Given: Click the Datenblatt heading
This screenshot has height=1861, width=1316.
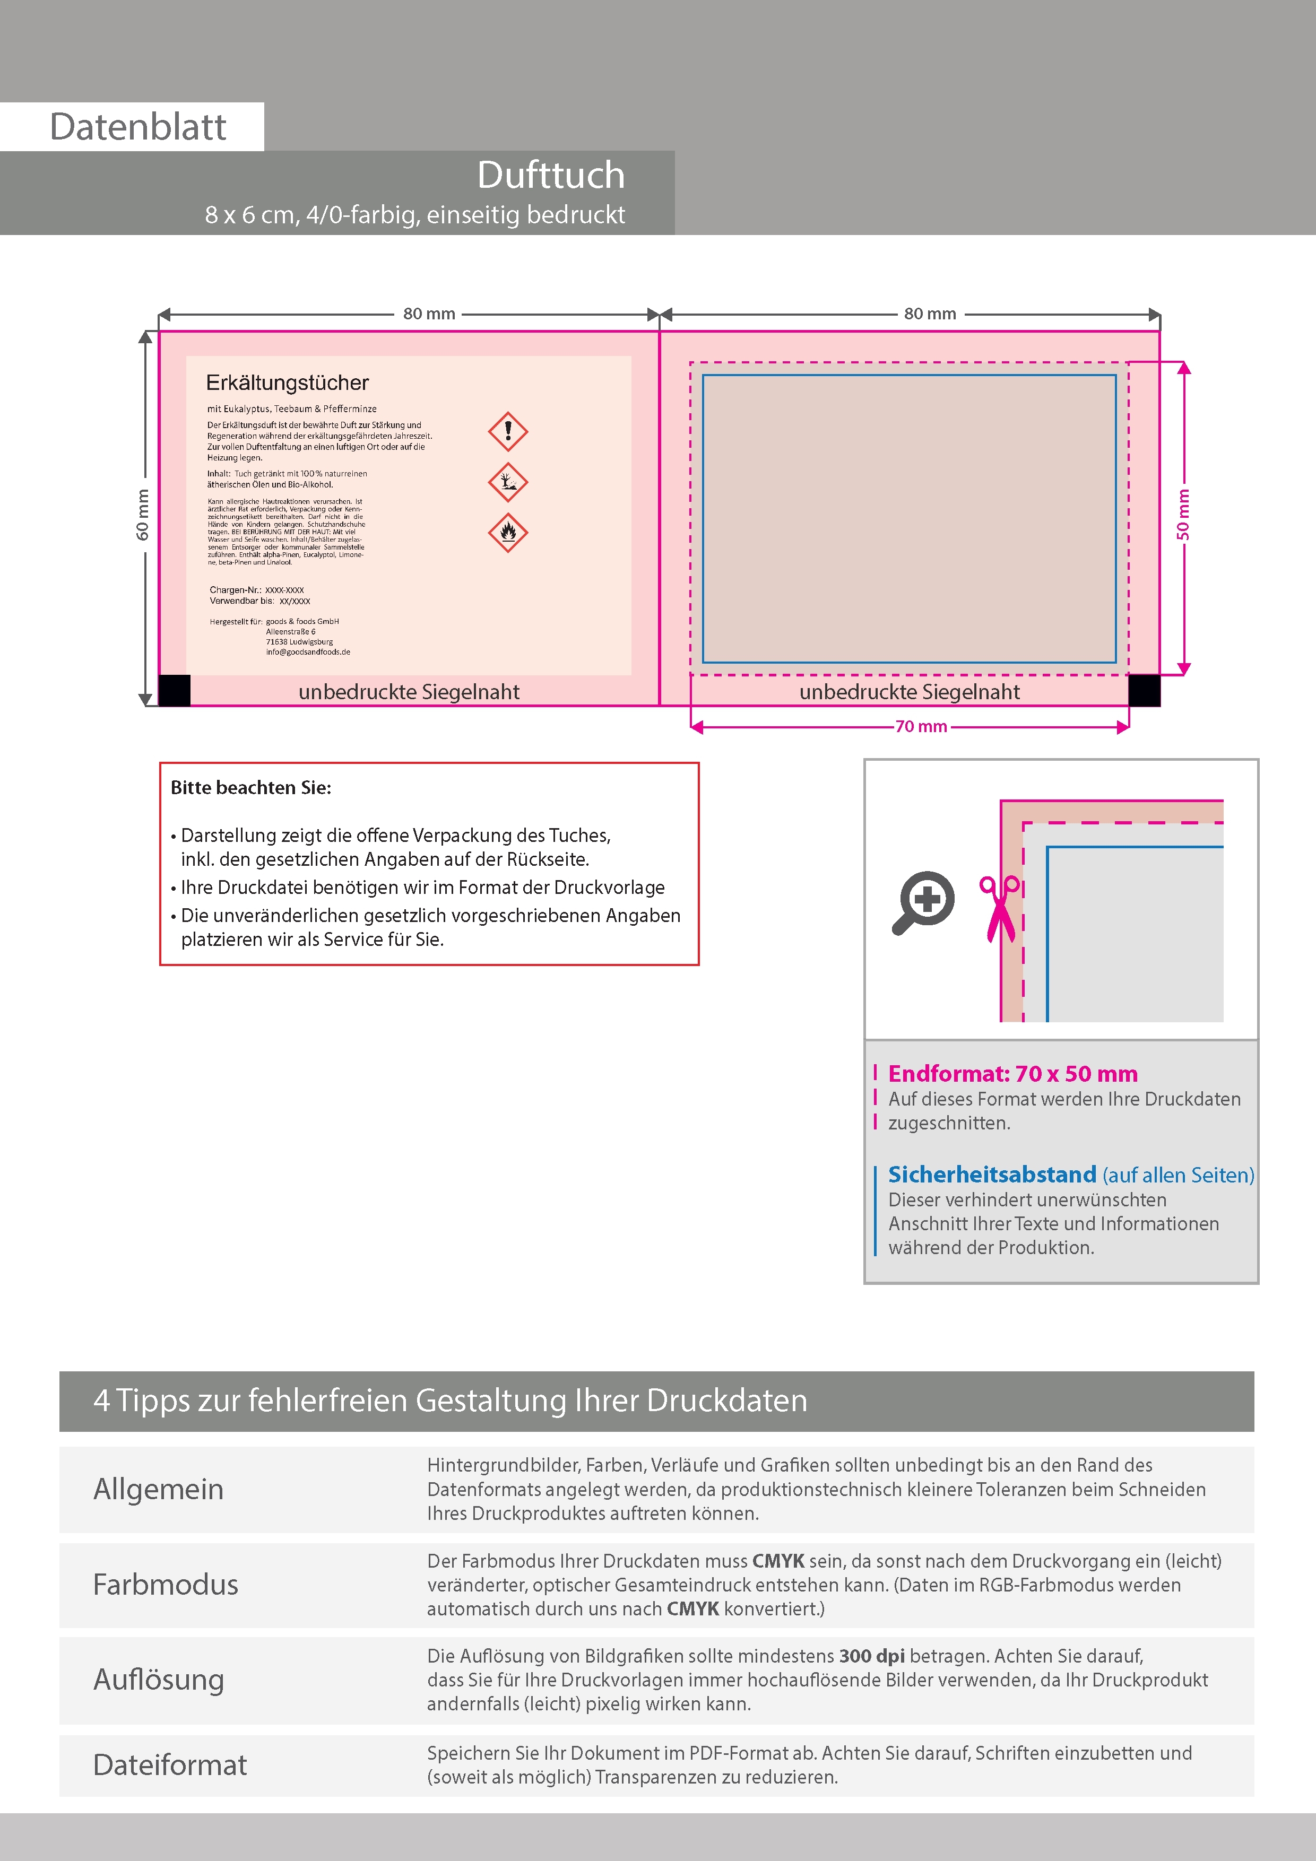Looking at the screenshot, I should (x=138, y=127).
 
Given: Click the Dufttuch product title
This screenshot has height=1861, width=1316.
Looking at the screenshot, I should (x=551, y=175).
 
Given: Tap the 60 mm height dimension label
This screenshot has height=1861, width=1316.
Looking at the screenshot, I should (x=143, y=515).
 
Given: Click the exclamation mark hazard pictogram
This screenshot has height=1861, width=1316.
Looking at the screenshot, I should (x=508, y=431).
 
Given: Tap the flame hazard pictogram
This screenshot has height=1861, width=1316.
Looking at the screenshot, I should (x=508, y=533).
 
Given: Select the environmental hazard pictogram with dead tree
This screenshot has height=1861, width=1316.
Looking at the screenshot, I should (x=508, y=482).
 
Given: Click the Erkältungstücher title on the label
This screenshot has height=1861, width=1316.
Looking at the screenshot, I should (x=287, y=382).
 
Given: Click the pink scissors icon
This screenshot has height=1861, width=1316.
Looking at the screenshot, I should (x=1001, y=908).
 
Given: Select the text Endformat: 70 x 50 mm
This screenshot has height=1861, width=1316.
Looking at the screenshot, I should (x=1013, y=1074).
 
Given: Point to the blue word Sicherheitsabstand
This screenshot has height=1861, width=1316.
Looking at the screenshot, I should (x=992, y=1175).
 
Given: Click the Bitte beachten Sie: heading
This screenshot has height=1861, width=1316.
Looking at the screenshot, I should (x=250, y=788).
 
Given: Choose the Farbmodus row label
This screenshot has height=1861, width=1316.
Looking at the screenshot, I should (x=166, y=1585).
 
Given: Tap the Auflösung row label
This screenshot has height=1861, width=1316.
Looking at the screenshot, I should (x=159, y=1680).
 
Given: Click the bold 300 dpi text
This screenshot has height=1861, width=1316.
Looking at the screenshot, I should (x=872, y=1656).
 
